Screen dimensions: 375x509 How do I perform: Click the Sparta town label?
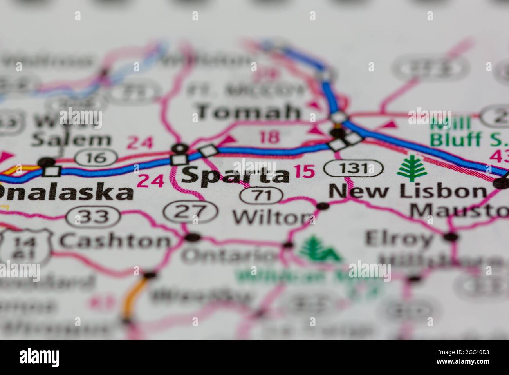(235, 175)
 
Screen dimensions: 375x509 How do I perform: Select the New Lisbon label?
(407, 192)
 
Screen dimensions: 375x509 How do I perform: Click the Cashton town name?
(115, 240)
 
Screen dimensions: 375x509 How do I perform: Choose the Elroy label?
(399, 238)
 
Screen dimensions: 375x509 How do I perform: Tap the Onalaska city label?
(65, 193)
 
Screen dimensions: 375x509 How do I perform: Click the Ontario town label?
(229, 256)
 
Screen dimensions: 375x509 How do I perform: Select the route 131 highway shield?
(354, 169)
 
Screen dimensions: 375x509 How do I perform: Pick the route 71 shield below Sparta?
(262, 195)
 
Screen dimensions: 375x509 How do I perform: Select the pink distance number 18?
(270, 137)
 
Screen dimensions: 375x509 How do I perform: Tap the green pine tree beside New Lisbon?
(411, 168)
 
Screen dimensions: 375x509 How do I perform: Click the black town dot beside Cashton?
(192, 237)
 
